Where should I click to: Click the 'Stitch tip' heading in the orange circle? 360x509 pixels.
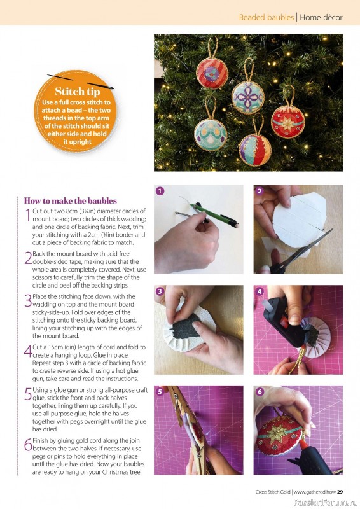pos(77,91)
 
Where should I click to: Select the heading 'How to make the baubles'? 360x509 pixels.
pos(71,200)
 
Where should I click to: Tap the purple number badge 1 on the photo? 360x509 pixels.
pos(160,191)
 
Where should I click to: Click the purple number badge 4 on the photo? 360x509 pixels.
pos(260,291)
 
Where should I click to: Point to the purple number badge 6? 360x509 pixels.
pos(260,392)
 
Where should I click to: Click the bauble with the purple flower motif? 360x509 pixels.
pos(247,97)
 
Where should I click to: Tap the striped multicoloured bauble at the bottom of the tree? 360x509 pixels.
pos(255,150)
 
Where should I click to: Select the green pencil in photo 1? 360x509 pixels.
pos(214,214)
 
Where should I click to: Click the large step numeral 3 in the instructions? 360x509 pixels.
pos(28,300)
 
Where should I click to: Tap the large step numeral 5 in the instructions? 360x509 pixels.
pos(28,394)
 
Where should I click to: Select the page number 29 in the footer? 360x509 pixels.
pos(340,492)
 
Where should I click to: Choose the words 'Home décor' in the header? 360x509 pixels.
pos(321,17)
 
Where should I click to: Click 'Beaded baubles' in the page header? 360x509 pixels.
pos(267,17)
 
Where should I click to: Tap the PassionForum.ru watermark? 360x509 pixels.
pos(326,503)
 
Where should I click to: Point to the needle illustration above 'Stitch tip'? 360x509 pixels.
pos(81,82)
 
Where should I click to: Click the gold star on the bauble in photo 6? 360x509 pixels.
pos(277,433)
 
